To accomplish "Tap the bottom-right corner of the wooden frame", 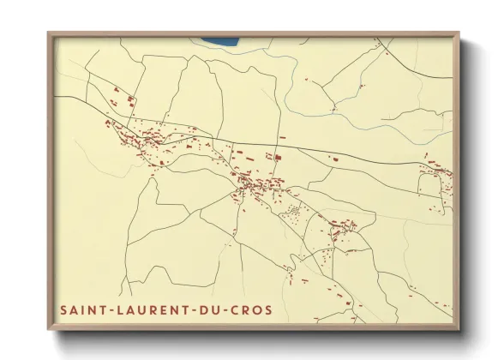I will pos(460,330).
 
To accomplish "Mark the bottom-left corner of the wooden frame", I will pos(48,330).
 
